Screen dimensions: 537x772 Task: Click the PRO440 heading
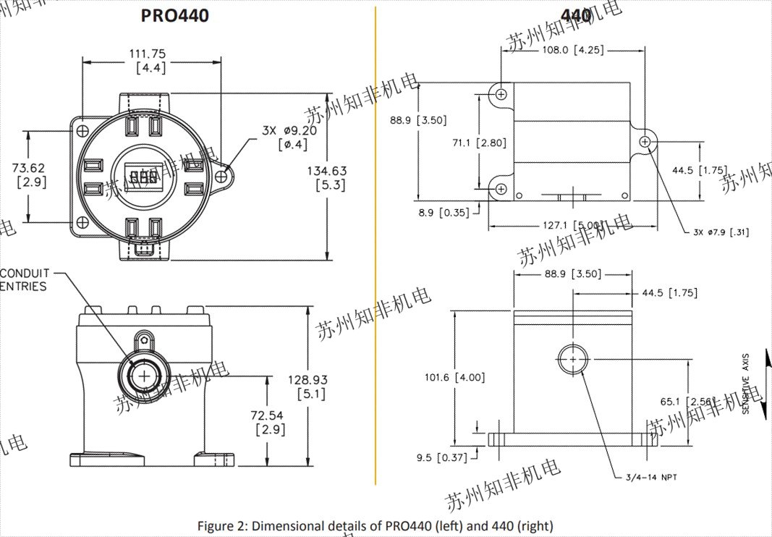[174, 15]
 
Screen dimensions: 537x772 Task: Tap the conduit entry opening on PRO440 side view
[144, 376]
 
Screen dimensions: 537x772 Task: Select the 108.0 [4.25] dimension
[572, 50]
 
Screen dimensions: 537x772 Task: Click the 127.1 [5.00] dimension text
[572, 225]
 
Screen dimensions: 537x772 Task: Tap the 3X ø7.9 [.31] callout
[720, 232]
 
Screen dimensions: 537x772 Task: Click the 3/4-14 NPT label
[650, 477]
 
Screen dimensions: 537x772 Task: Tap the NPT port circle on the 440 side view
[573, 358]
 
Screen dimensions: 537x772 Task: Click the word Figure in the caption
[215, 526]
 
